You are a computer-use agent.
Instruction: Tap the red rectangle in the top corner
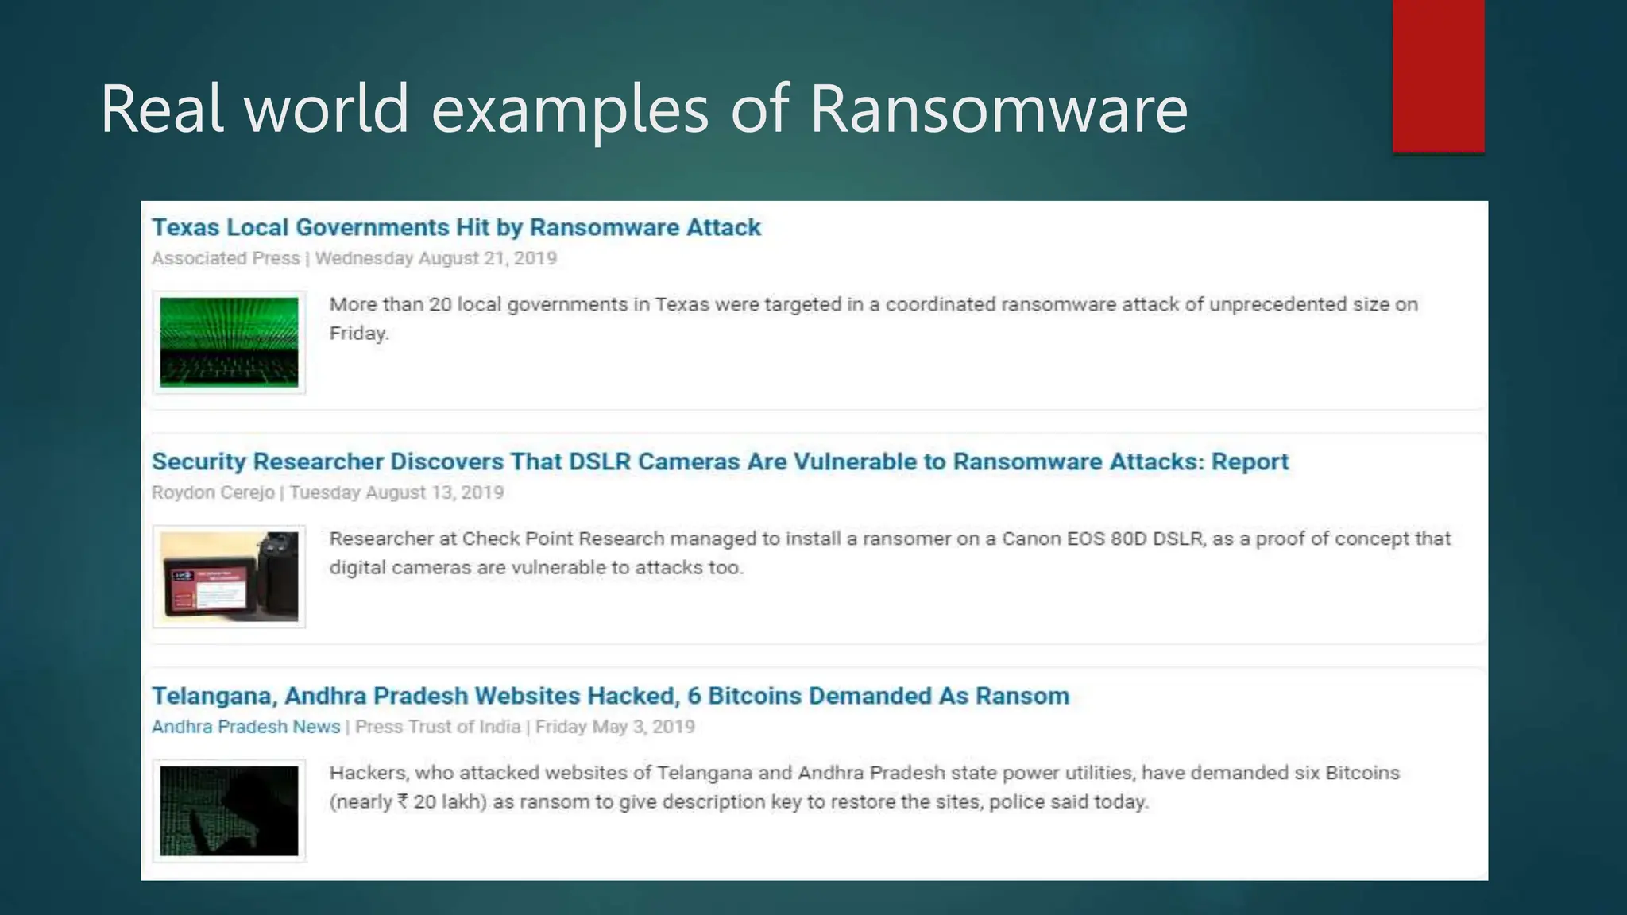[1438, 75]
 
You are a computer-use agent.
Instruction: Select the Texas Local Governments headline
[456, 227]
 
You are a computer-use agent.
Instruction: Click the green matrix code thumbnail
[229, 342]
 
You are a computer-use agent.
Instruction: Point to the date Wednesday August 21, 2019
[436, 258]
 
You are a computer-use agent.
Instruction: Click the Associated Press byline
[226, 258]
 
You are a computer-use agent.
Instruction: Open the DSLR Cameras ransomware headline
[720, 461]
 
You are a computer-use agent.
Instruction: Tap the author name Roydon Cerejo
[213, 492]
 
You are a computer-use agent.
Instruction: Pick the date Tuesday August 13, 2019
[396, 492]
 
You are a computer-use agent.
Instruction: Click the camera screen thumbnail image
[229, 576]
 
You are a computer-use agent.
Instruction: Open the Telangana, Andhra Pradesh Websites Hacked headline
[610, 696]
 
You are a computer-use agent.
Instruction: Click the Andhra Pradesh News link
[245, 727]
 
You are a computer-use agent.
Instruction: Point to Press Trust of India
[438, 727]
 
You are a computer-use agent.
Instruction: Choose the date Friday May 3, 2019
[615, 727]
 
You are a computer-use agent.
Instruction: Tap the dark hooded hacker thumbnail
[229, 810]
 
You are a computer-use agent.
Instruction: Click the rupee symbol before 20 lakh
[404, 801]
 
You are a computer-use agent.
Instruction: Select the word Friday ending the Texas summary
[358, 333]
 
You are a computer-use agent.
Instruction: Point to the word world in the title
[327, 109]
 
